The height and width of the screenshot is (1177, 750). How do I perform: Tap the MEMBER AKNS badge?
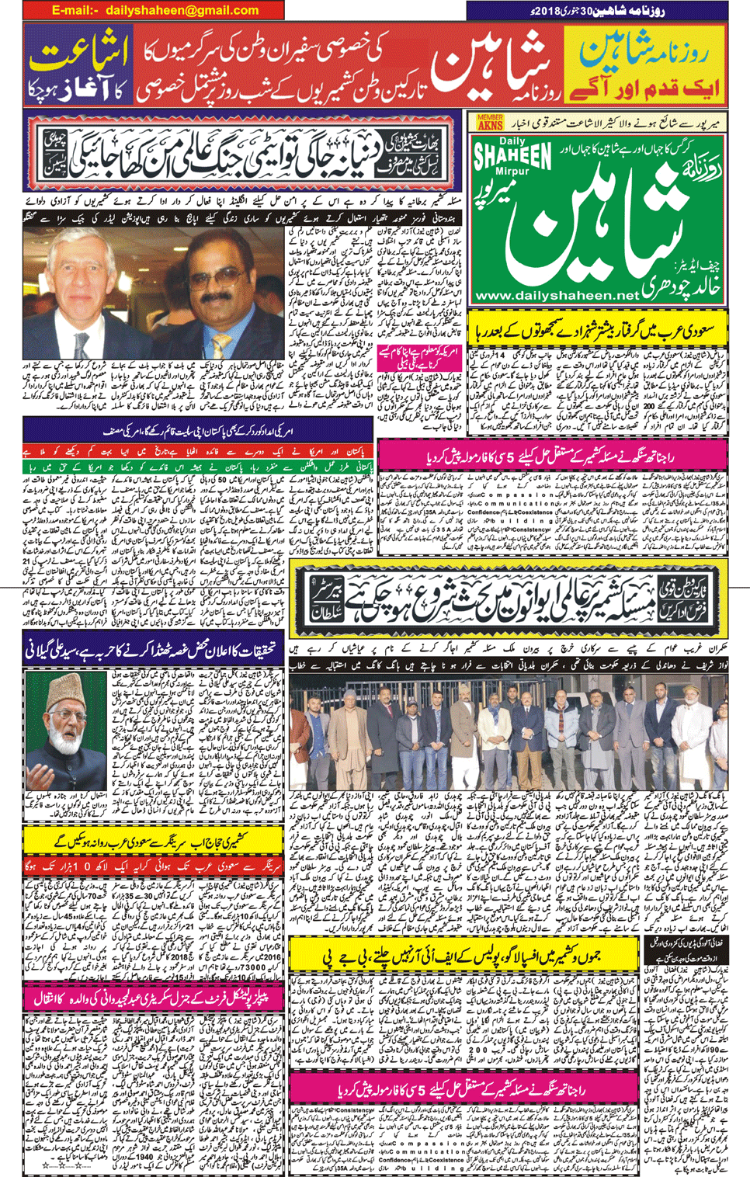coord(490,122)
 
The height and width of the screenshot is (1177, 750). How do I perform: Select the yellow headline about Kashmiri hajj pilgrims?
coord(154,840)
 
